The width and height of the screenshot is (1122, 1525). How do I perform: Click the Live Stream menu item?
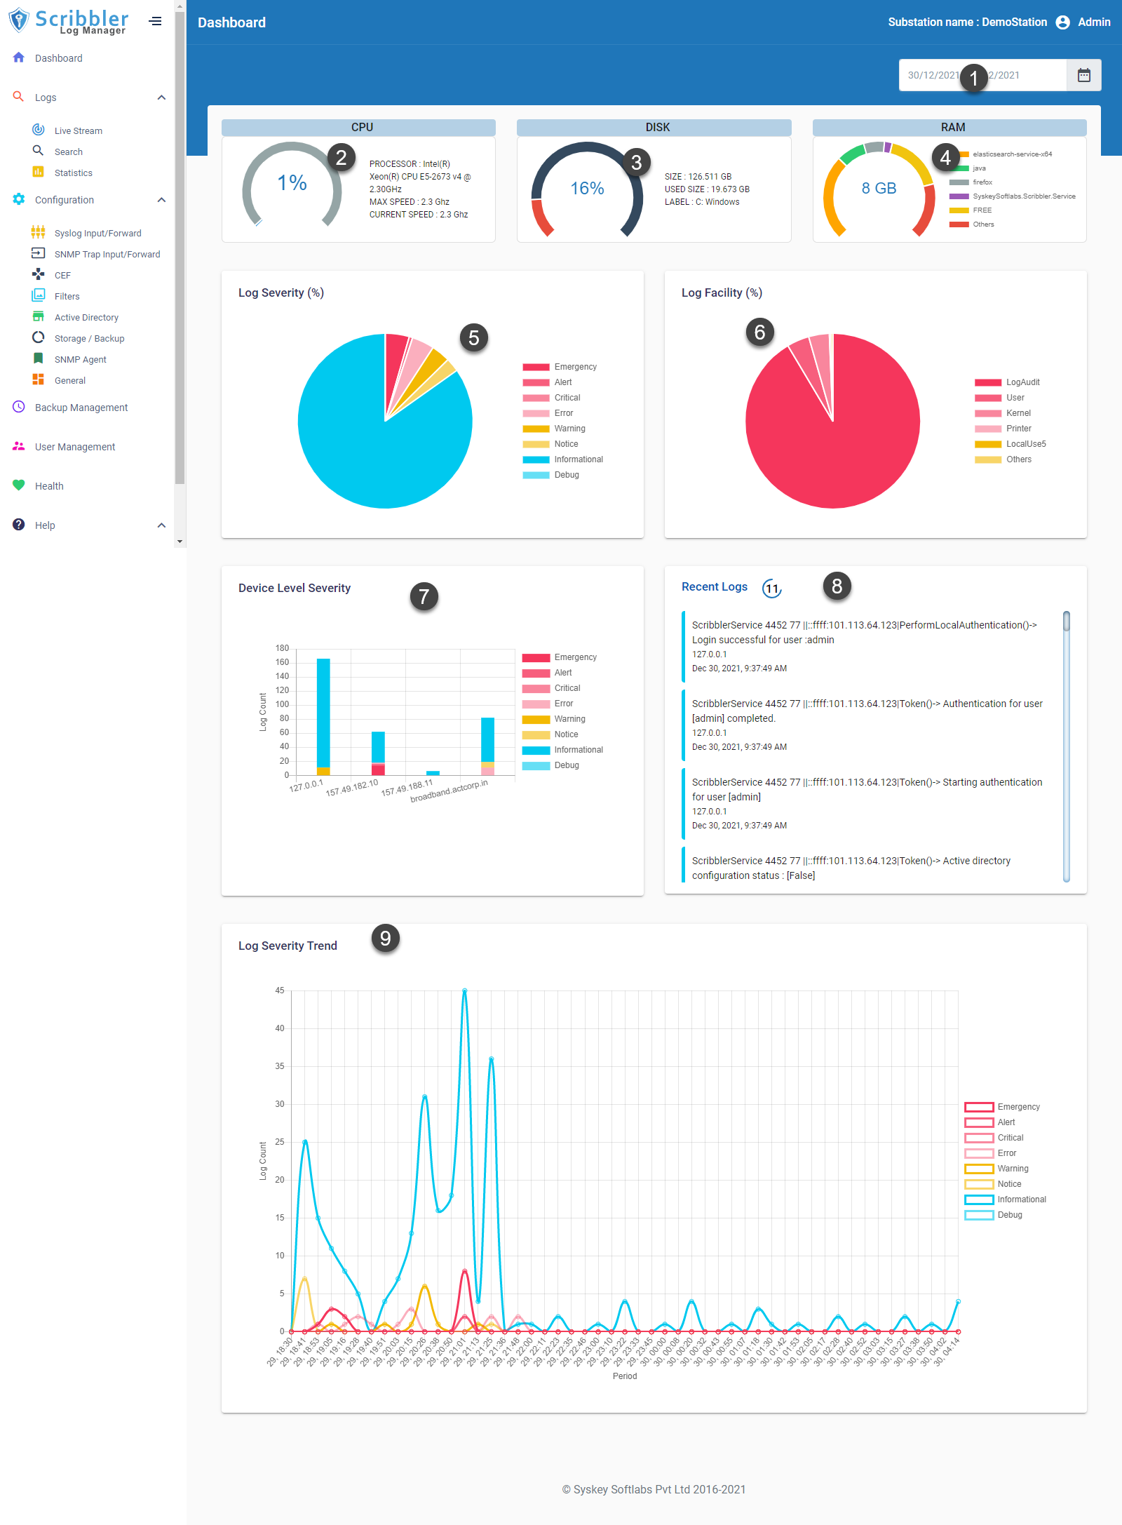coord(78,130)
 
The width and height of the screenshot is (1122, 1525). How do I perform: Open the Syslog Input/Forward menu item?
coord(97,233)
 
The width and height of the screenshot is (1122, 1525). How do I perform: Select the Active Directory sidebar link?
coord(86,317)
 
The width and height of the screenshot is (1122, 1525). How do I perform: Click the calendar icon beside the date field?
coord(1083,75)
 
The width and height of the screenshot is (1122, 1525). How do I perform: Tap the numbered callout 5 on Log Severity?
coord(474,338)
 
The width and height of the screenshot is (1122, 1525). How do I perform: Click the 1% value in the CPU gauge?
coord(292,183)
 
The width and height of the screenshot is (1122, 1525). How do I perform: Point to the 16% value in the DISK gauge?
coord(587,189)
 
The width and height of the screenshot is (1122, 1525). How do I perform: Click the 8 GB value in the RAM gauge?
coord(879,188)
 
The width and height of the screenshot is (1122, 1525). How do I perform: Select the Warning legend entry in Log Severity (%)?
coord(569,429)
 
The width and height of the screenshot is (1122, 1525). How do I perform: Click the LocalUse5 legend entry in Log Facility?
coord(1025,444)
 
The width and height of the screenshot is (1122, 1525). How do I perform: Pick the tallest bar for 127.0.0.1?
coord(323,712)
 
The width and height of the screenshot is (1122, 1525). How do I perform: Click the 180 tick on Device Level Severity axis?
coord(282,648)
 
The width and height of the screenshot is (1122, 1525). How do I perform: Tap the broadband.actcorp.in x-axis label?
coord(449,791)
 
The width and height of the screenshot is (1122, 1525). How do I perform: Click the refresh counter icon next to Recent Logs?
coord(771,589)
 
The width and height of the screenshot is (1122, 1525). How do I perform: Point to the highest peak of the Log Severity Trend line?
coord(464,990)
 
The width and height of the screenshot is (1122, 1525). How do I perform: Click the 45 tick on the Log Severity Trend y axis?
coord(280,990)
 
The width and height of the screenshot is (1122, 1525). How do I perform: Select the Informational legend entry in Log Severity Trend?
coord(1021,1200)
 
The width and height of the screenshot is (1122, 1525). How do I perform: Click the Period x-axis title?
coord(624,1376)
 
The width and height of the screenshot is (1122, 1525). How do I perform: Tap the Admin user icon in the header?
coord(1062,22)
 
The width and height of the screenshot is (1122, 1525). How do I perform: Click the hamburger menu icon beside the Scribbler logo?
coord(156,21)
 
